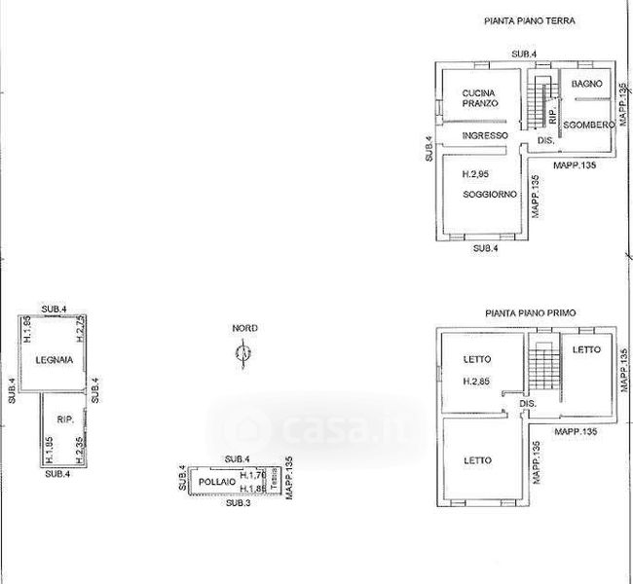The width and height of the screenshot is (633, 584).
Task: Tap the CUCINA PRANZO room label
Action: (x=480, y=97)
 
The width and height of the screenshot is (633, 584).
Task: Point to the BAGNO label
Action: (x=587, y=86)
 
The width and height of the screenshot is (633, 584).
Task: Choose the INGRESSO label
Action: (x=485, y=135)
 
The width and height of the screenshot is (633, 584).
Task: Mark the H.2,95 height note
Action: (x=476, y=173)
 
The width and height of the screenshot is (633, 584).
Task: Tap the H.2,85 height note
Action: (x=476, y=381)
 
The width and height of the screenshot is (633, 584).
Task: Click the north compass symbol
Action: (x=243, y=357)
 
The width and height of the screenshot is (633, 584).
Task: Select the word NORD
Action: (x=244, y=329)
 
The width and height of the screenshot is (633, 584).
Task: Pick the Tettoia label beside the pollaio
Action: (x=275, y=481)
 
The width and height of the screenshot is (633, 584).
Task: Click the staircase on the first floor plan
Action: (x=541, y=372)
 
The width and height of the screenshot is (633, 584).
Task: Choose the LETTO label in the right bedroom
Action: (x=586, y=350)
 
